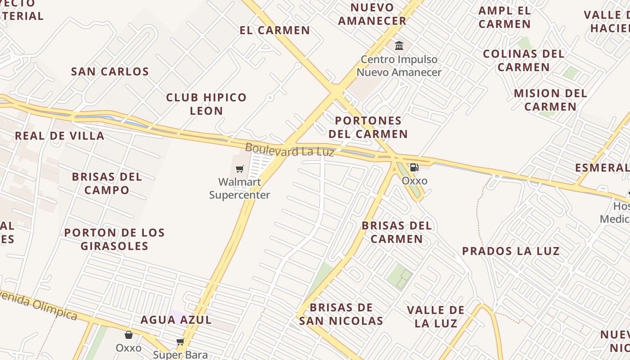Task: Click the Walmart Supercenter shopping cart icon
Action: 240,169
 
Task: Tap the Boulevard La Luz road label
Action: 289,150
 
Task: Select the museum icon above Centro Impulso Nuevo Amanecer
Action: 399,45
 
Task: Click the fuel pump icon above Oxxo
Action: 414,168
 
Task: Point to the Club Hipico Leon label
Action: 206,104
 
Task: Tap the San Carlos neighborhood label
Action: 110,72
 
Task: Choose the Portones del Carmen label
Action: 368,127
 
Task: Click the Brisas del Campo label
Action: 107,183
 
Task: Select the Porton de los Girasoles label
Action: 114,239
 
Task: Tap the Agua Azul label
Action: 176,320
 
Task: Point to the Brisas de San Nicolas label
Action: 341,314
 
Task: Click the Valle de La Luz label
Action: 436,316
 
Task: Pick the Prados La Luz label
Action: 511,251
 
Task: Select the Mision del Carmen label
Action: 550,100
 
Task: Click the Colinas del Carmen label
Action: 523,60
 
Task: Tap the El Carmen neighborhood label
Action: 274,31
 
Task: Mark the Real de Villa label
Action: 59,136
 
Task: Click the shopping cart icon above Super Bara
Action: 180,342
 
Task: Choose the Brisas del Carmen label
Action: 396,232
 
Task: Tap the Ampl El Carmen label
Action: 504,17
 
